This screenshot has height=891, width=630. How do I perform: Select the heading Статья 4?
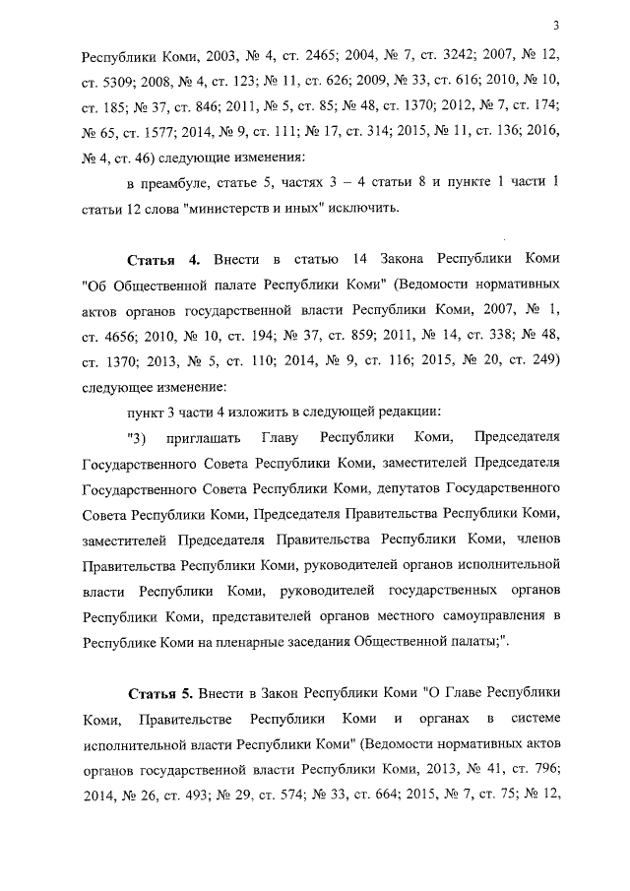coord(164,259)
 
